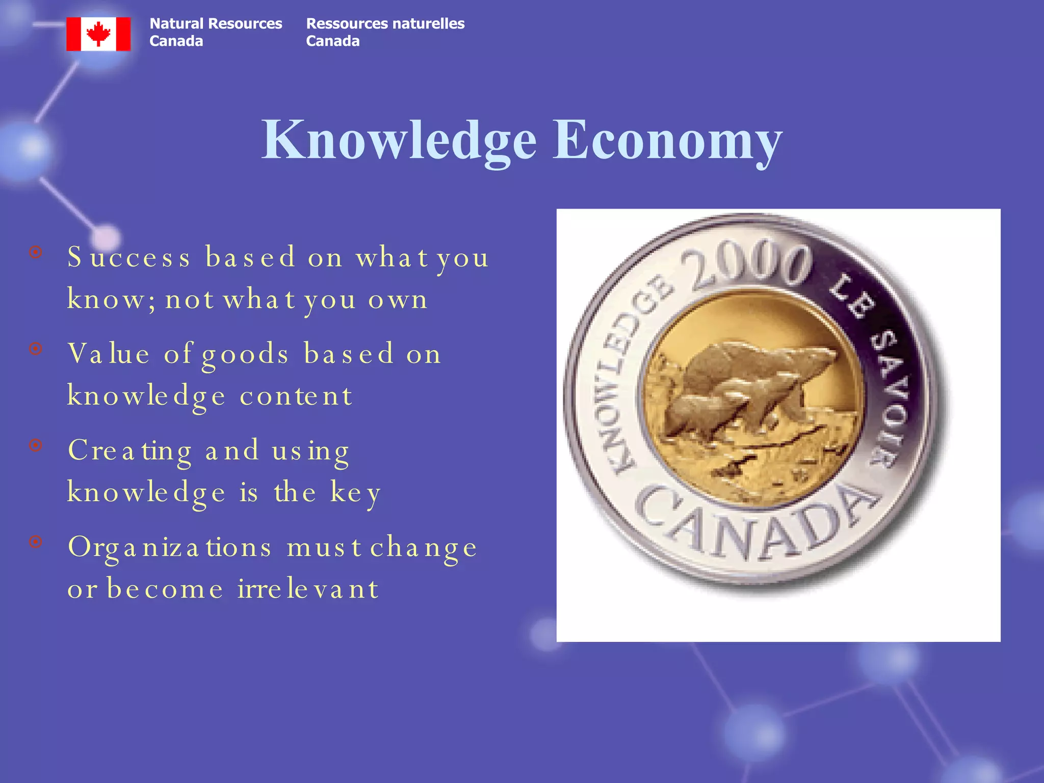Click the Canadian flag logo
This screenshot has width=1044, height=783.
98,34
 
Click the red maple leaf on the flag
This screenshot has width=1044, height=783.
98,34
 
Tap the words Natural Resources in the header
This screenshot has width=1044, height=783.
216,24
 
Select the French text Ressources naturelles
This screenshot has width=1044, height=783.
385,24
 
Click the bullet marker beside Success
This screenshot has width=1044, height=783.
36,252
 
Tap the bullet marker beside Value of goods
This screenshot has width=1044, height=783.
36,349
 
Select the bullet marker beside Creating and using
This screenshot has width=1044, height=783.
36,445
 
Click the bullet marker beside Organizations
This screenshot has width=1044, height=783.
36,541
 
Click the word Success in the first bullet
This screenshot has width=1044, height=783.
129,257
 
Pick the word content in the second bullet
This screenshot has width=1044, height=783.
296,396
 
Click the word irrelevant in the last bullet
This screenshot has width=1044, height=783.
308,589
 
